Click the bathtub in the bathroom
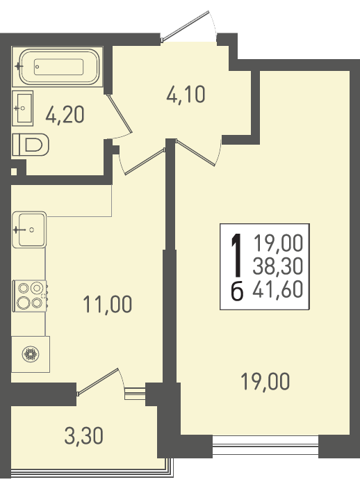[x=59, y=67]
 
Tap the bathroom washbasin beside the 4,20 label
[x=23, y=109]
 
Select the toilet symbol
[x=31, y=145]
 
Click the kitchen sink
[x=29, y=230]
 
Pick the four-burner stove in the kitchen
[x=29, y=296]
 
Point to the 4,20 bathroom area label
[x=65, y=115]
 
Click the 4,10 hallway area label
[x=186, y=94]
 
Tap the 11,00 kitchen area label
[x=108, y=304]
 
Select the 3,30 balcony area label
[x=83, y=436]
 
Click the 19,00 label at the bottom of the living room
[x=265, y=381]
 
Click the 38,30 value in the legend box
[x=278, y=266]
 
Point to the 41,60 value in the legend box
[x=278, y=289]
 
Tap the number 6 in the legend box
[x=237, y=291]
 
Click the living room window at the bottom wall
[x=265, y=445]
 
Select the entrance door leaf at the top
[x=186, y=26]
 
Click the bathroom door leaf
[x=120, y=114]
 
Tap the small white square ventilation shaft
[x=14, y=171]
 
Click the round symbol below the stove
[x=31, y=354]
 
